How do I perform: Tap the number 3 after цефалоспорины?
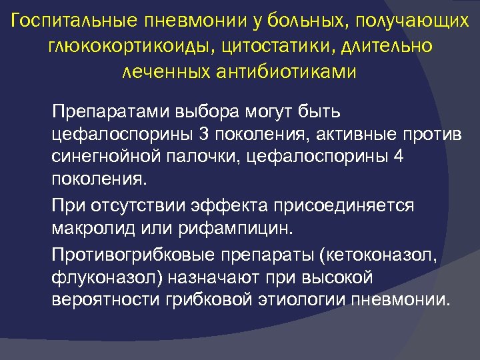203,133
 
